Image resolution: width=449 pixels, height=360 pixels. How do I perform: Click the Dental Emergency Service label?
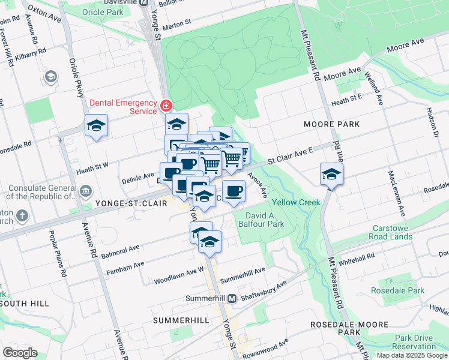point(123,106)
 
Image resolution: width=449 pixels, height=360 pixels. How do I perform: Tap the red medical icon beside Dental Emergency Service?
point(166,107)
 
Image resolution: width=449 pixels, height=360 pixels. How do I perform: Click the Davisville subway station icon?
point(143,3)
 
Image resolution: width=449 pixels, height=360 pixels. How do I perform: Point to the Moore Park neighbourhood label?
point(331,124)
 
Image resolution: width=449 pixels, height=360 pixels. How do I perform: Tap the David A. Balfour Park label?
point(265,220)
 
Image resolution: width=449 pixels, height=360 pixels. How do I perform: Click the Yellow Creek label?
point(297,202)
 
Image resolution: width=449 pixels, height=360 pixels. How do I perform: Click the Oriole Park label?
point(106,12)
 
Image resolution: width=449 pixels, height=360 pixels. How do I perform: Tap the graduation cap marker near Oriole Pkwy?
point(96,126)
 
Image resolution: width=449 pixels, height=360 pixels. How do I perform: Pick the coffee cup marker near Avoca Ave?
point(234,191)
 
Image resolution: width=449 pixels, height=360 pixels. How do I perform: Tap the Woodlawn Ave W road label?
point(179,275)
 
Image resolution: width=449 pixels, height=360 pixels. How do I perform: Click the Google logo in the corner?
point(20,353)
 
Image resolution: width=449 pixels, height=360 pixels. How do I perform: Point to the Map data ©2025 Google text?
point(412,355)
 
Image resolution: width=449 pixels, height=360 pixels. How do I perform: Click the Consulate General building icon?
point(85,190)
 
